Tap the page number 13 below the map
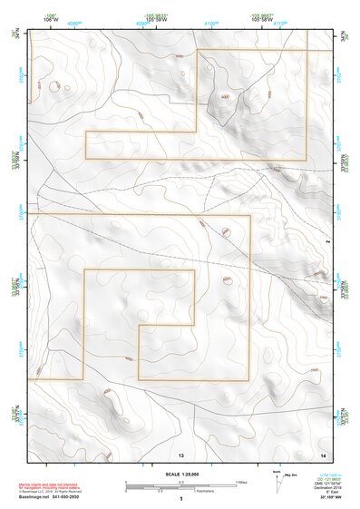click(x=181, y=453)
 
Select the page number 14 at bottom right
click(x=323, y=453)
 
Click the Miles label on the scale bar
click(x=240, y=482)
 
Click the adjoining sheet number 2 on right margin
click(x=327, y=244)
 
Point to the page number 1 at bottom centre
click(x=181, y=499)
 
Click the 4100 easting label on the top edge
click(x=210, y=24)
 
